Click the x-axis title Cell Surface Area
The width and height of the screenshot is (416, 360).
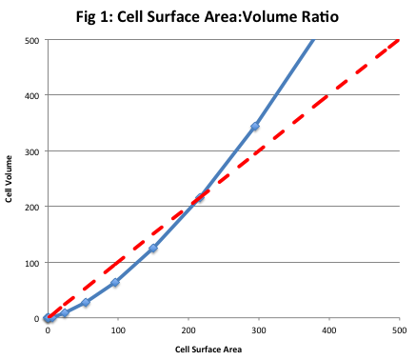click(222, 350)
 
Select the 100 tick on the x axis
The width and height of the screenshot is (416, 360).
click(117, 330)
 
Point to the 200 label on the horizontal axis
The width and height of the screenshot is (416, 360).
click(188, 330)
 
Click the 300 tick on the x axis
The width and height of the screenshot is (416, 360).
click(258, 330)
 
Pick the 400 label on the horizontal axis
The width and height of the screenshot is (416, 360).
click(328, 330)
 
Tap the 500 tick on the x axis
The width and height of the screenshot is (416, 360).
click(398, 330)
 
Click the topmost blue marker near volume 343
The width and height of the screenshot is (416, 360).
click(255, 127)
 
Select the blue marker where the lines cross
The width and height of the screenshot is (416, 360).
click(200, 198)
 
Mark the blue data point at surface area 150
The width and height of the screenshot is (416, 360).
click(152, 249)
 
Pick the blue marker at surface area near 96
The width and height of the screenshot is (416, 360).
click(115, 283)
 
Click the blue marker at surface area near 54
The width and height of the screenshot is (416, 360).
click(86, 303)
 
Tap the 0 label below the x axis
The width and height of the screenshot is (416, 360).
click(48, 330)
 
